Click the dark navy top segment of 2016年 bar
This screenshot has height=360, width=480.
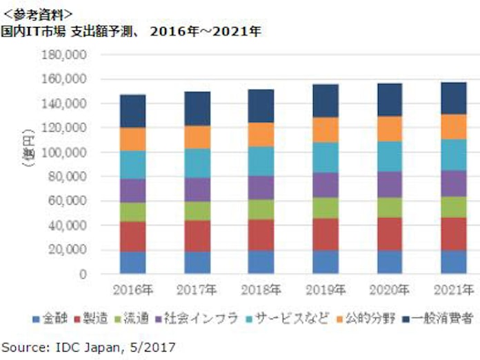tap(132, 111)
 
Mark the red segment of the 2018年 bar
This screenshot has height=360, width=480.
tap(261, 235)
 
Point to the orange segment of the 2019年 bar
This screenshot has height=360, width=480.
tap(326, 130)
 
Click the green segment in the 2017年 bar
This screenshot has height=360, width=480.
tap(197, 210)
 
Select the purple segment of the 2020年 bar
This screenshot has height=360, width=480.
tap(390, 184)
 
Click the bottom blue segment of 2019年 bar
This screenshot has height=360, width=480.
tap(326, 262)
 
